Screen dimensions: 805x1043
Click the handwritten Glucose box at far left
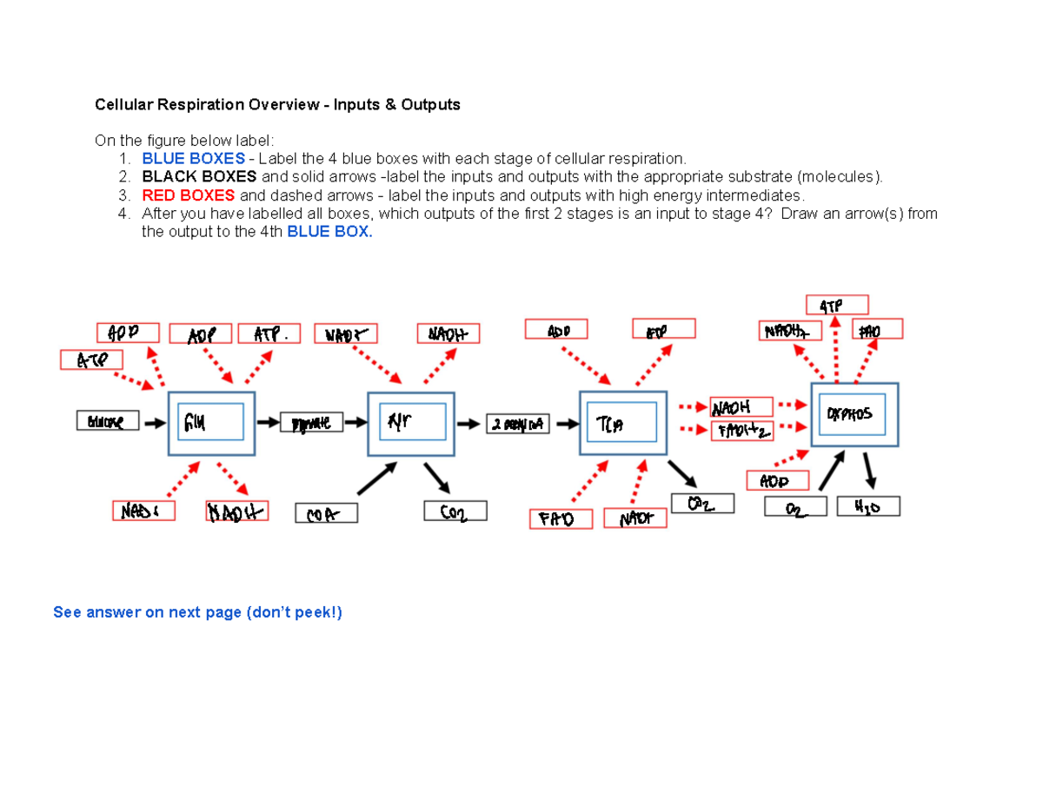pyautogui.click(x=107, y=422)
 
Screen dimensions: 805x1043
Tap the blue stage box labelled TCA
pyautogui.click(x=622, y=423)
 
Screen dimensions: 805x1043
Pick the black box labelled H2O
pyautogui.click(x=868, y=507)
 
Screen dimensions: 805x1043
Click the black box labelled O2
pyautogui.click(x=795, y=507)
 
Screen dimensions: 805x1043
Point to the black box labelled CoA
pyautogui.click(x=326, y=514)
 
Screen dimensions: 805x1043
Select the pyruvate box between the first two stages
pyautogui.click(x=311, y=423)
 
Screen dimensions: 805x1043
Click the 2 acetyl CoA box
pyautogui.click(x=519, y=423)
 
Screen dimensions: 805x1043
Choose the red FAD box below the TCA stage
pyautogui.click(x=561, y=519)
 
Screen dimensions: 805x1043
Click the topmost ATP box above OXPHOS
pyautogui.click(x=837, y=305)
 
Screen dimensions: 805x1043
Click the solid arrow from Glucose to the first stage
pyautogui.click(x=155, y=423)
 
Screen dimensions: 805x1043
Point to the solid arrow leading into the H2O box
pyautogui.click(x=871, y=472)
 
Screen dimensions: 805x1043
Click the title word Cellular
pyautogui.click(x=123, y=105)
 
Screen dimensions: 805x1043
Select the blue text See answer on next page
pyautogui.click(x=198, y=613)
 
